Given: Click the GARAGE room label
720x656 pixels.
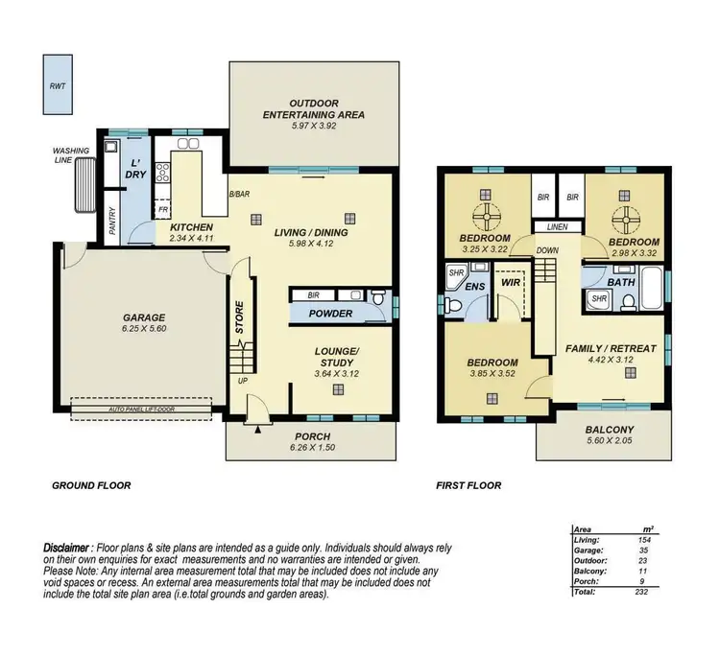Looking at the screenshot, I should click(x=143, y=317).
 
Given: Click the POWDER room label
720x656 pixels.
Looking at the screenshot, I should click(x=331, y=314).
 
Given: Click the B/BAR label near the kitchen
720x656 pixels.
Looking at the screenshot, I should click(x=239, y=196).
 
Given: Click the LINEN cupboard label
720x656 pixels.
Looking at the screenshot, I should click(x=559, y=227).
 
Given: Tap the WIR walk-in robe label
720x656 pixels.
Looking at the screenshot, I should click(x=509, y=283).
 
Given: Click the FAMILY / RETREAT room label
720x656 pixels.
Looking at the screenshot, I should click(x=611, y=348).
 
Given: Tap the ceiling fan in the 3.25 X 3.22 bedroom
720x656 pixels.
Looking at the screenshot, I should click(x=482, y=212).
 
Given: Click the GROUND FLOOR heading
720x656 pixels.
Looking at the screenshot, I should click(x=90, y=486).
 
